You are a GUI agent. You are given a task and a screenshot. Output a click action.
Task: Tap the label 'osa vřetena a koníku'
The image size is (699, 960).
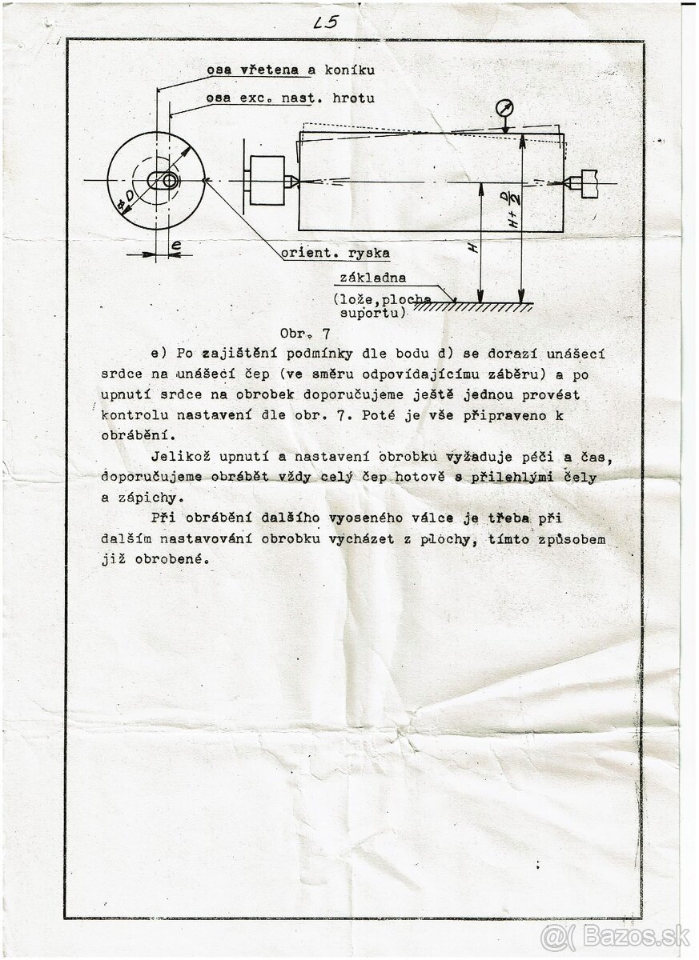click(291, 70)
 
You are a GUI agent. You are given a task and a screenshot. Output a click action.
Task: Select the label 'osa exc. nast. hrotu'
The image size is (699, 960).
click(290, 98)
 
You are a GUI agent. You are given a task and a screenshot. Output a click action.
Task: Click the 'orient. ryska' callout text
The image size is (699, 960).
click(335, 254)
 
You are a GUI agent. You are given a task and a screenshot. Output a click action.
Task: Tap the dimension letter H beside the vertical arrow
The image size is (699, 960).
click(473, 248)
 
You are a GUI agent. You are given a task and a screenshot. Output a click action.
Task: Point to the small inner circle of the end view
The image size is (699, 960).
click(170, 181)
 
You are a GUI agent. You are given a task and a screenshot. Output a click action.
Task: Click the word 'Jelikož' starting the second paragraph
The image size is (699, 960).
click(176, 457)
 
